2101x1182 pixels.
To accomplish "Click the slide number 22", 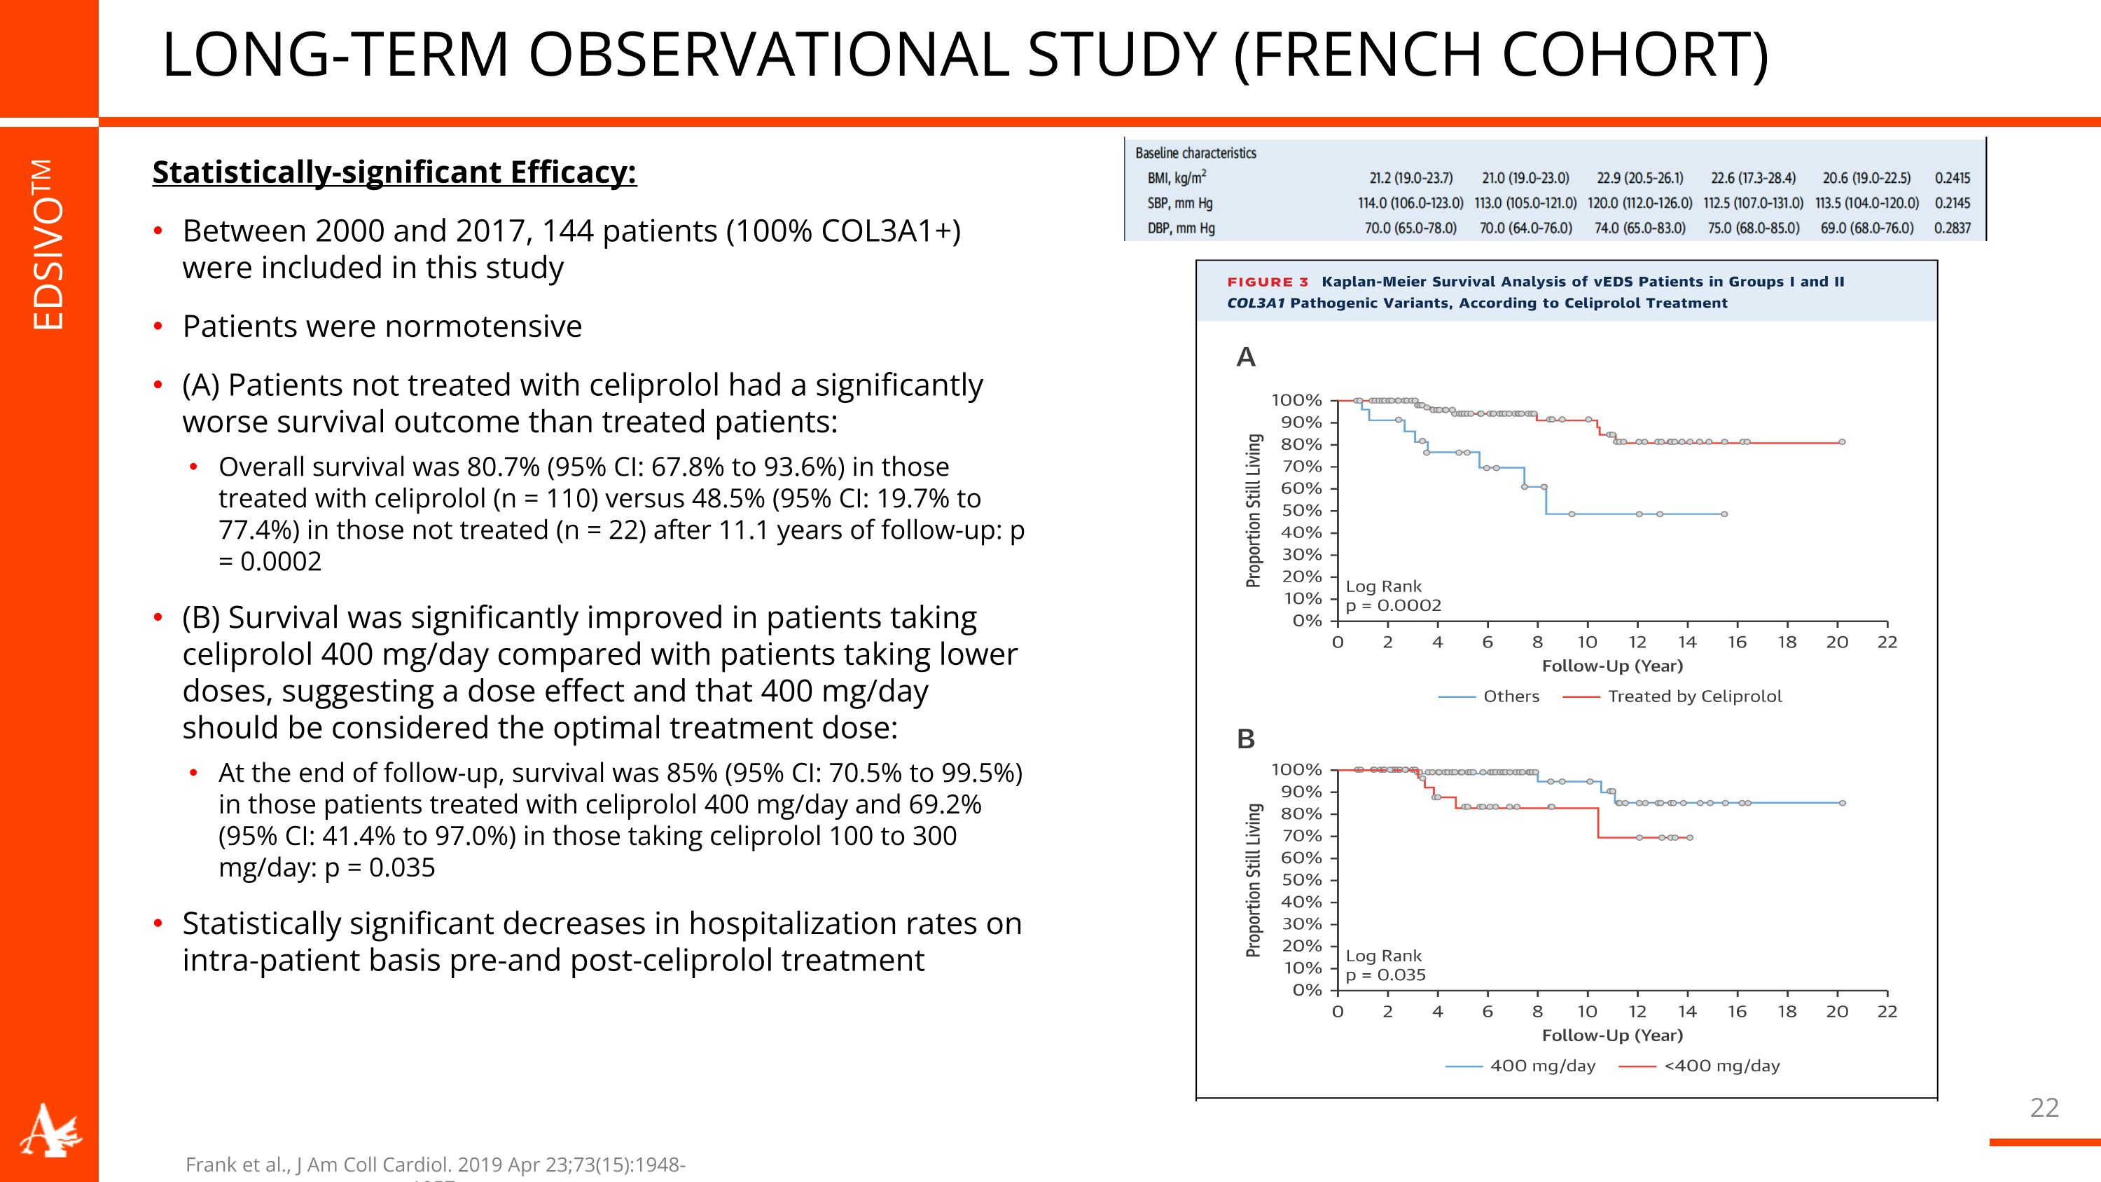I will tap(2044, 1107).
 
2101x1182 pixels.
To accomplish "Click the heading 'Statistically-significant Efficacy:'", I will tap(394, 172).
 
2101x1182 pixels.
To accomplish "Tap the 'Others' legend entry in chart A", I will tap(1511, 696).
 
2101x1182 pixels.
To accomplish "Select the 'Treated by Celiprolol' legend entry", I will tap(1694, 696).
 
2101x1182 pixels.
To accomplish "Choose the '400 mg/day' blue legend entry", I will tap(1541, 1066).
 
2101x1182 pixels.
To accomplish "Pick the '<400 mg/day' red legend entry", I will tap(1721, 1066).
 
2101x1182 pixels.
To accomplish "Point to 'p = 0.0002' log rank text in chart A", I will tap(1393, 605).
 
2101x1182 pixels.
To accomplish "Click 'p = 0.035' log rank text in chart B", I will tap(1385, 975).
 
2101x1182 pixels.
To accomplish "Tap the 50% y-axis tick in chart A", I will tap(1302, 511).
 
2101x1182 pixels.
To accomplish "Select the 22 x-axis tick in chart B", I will tap(1887, 1012).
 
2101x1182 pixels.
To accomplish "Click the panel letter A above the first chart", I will tap(1245, 357).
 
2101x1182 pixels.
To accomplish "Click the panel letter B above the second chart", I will tap(1245, 739).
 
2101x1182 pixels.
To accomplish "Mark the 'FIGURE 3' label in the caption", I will tap(1268, 282).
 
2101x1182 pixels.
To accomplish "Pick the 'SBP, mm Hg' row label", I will tap(1179, 203).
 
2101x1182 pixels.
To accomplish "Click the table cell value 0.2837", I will tap(1952, 228).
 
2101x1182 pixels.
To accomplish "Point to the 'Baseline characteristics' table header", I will tap(1195, 153).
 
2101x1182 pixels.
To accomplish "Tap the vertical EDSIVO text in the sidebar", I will tap(48, 245).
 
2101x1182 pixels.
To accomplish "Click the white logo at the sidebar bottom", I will tap(50, 1131).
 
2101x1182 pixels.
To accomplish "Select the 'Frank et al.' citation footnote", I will tap(435, 1165).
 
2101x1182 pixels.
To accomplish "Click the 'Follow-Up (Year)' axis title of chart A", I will tap(1611, 666).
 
